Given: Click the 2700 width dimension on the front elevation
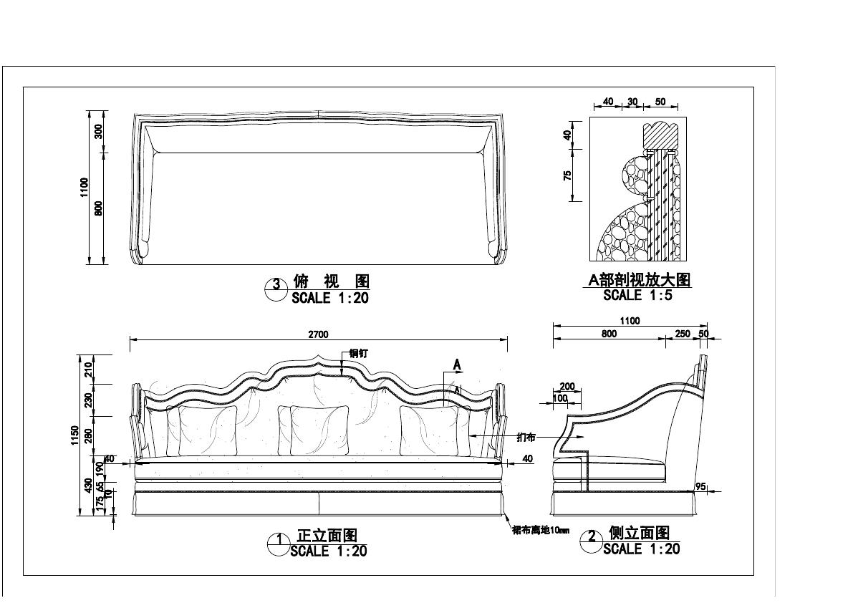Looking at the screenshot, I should [318, 334].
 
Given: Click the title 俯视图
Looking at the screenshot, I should [331, 281].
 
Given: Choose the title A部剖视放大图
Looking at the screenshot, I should [639, 280].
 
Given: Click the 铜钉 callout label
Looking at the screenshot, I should [359, 353].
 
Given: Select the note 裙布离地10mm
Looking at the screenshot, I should [541, 531].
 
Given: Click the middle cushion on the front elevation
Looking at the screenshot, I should [319, 430].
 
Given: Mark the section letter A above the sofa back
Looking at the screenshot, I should [457, 365].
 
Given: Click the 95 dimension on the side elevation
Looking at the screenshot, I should [700, 487].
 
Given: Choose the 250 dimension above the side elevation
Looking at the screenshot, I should [682, 334].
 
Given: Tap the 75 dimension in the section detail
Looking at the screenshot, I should [567, 175].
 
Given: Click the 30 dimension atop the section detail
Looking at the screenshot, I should [632, 102].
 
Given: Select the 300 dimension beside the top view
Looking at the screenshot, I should [99, 131].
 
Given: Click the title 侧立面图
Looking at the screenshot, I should [639, 534].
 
